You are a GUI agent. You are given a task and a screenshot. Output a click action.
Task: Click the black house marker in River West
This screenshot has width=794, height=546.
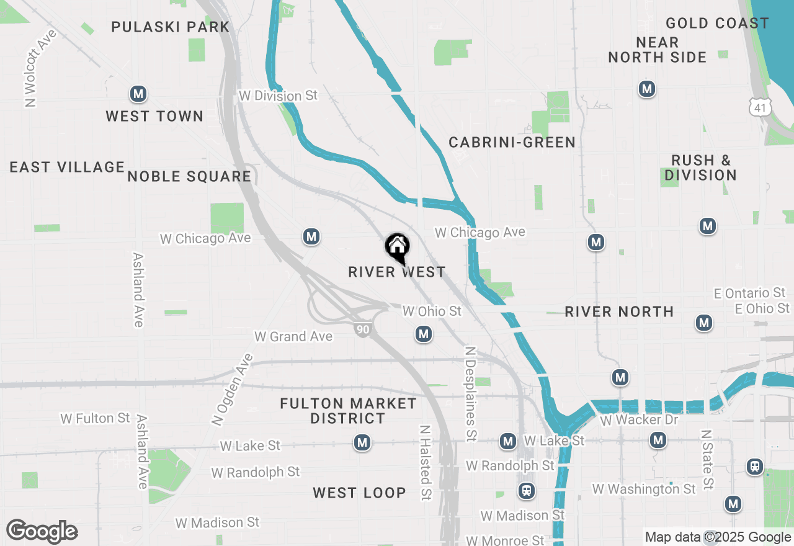coord(397,247)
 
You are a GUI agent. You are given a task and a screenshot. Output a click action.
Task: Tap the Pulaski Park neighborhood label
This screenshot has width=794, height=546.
coord(170,27)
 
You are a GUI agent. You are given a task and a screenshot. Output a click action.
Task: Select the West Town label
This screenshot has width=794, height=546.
coord(154,116)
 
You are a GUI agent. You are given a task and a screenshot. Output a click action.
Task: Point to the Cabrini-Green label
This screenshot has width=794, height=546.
coord(512,142)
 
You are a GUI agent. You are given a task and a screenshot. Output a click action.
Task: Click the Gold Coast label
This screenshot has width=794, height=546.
coord(717,24)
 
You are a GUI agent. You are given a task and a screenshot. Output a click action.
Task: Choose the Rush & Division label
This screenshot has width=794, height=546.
coord(701,168)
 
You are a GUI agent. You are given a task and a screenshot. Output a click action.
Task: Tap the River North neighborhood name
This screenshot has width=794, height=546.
coord(619,311)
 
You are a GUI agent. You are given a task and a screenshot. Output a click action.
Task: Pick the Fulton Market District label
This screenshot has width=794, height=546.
coord(348,411)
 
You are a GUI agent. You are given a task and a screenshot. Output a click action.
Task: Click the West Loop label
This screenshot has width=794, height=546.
coord(359,493)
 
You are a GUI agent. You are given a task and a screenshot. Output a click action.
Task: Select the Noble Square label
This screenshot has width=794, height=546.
coord(189,176)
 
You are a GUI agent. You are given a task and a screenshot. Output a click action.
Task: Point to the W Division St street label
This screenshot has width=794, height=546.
coord(278,96)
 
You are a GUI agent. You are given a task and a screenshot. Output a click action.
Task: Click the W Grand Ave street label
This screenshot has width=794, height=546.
coord(293,336)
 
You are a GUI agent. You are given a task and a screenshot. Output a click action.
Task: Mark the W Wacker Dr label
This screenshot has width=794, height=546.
coord(640,420)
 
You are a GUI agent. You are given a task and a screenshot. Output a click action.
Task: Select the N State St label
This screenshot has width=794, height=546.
coord(707,459)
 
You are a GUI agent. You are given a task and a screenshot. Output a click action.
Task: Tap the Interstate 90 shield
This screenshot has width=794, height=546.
coord(363,329)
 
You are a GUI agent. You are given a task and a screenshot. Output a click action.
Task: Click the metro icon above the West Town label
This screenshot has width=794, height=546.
coord(138,94)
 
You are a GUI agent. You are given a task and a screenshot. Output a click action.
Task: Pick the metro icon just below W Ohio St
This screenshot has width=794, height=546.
coord(424,334)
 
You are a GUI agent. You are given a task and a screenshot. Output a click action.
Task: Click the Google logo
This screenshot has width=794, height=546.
coord(42,532)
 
